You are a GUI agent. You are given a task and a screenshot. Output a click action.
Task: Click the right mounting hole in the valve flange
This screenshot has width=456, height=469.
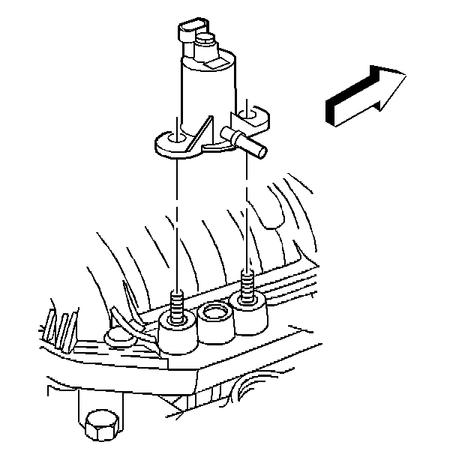pyautogui.click(x=250, y=115)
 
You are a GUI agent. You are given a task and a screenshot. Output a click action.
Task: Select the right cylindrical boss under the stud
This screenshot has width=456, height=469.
pyautogui.click(x=249, y=315)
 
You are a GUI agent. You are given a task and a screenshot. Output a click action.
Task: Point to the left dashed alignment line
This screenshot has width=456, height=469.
pyautogui.click(x=176, y=225)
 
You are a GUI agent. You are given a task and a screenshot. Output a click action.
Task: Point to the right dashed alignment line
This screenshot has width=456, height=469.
pyautogui.click(x=247, y=217)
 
